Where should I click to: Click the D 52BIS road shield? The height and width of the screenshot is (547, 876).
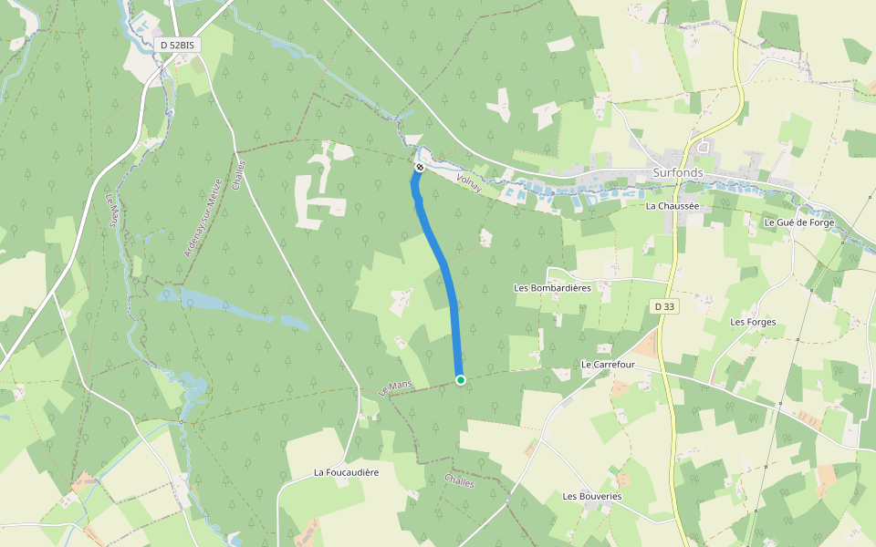[x=177, y=45]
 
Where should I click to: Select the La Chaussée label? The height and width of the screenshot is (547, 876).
[x=672, y=206]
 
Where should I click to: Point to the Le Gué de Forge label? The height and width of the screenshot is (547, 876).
[x=799, y=222]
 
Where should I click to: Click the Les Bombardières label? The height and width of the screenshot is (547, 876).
[x=553, y=288]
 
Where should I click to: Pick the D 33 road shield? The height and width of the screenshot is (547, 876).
[x=665, y=307]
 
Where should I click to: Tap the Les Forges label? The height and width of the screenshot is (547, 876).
[x=753, y=322]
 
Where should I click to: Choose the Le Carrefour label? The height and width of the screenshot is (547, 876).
[x=608, y=364]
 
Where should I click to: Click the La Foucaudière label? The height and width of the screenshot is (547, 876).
[x=346, y=472]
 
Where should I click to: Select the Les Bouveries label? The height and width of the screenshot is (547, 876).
[x=592, y=497]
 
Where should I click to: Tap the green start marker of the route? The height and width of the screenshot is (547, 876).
[x=461, y=380]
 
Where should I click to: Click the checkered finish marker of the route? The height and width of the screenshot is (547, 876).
[x=420, y=168]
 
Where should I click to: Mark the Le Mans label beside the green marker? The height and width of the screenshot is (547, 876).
[x=395, y=387]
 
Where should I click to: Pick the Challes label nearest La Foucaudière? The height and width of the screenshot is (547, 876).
[x=460, y=480]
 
